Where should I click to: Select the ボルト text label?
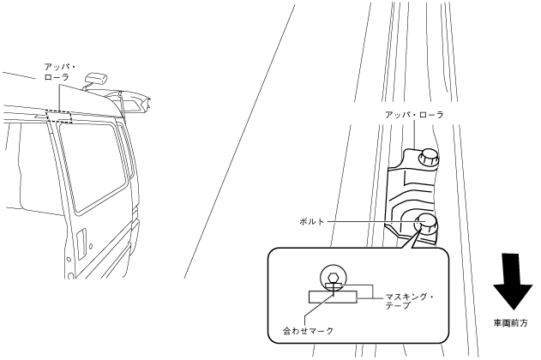coord(305,221)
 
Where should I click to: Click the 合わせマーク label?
coord(307,328)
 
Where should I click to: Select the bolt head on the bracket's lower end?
coord(425,224)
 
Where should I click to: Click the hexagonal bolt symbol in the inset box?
coord(333,277)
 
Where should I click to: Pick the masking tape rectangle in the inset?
coord(332,297)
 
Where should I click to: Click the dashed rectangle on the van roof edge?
coord(64,116)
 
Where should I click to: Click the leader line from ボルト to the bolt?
coord(369,221)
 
